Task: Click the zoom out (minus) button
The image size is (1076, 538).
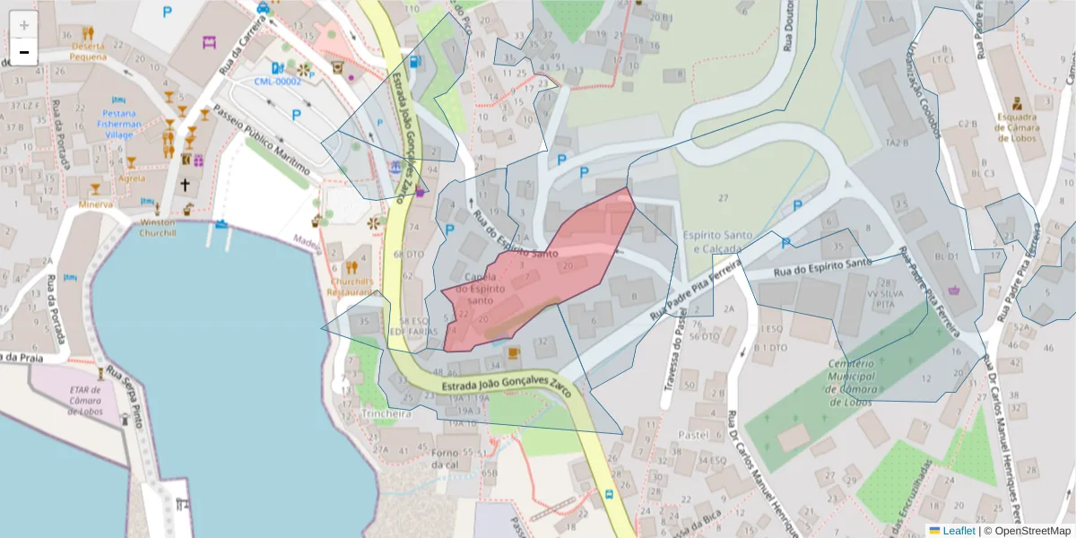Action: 24,52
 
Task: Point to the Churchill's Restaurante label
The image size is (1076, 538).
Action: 351,285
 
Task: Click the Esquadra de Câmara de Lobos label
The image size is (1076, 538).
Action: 1016,127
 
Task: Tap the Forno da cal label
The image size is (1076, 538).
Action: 446,458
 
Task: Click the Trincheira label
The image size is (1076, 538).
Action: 386,414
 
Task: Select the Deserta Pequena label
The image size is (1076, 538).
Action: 88,51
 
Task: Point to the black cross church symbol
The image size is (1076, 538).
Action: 185,185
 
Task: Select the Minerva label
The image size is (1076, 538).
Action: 95,204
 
